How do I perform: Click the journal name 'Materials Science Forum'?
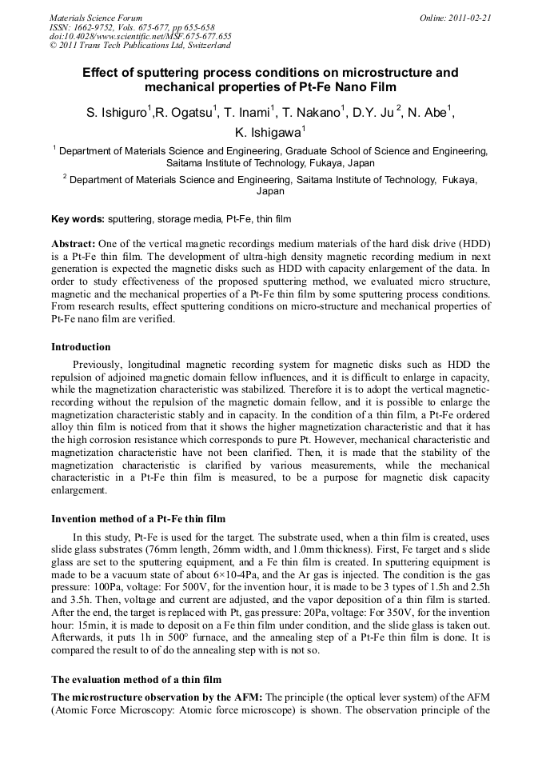[96, 17]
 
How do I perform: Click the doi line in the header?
[141, 36]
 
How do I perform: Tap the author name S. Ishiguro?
[117, 114]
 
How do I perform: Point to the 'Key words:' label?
[78, 218]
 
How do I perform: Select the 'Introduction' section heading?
[81, 347]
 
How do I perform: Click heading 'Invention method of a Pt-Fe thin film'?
[138, 518]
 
